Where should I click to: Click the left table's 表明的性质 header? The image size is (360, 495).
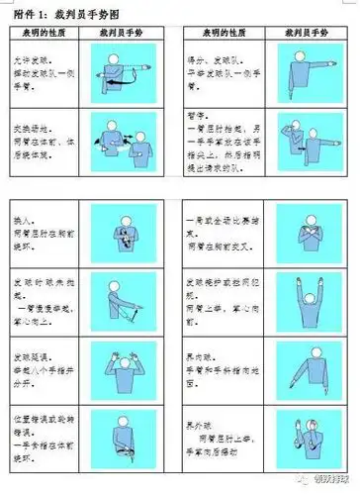[45, 33]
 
